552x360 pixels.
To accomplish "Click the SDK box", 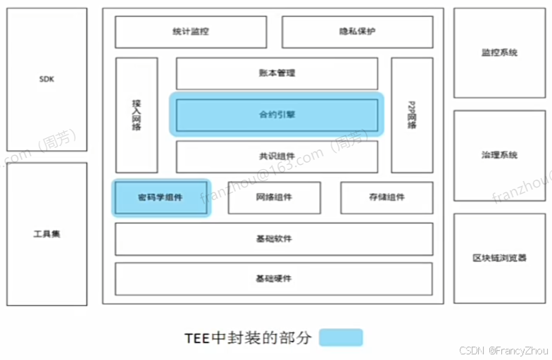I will click(46, 80).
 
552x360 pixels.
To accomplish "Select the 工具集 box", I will click(46, 234).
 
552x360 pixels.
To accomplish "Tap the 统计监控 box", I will click(190, 32).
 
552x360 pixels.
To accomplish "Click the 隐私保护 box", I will click(357, 32).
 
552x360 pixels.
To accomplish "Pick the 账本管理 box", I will click(277, 73).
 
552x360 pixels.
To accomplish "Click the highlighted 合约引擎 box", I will click(277, 114).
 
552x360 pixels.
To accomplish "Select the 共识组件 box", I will click(277, 156).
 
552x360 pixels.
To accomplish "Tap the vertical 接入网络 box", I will click(137, 115).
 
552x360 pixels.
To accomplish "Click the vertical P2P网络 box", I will click(412, 115).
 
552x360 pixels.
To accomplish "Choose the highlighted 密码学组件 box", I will click(161, 197).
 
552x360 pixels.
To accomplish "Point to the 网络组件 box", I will click(274, 197).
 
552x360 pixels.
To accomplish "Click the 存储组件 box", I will click(387, 197).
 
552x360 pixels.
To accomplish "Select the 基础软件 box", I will click(274, 239).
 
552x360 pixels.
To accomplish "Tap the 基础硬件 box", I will click(274, 279).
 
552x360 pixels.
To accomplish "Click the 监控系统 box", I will click(499, 53).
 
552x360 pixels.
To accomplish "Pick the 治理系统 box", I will click(499, 155).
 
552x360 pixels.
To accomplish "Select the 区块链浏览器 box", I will click(499, 259).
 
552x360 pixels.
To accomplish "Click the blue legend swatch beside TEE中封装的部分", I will click(341, 337).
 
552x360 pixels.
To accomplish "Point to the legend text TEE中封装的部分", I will click(246, 337).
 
